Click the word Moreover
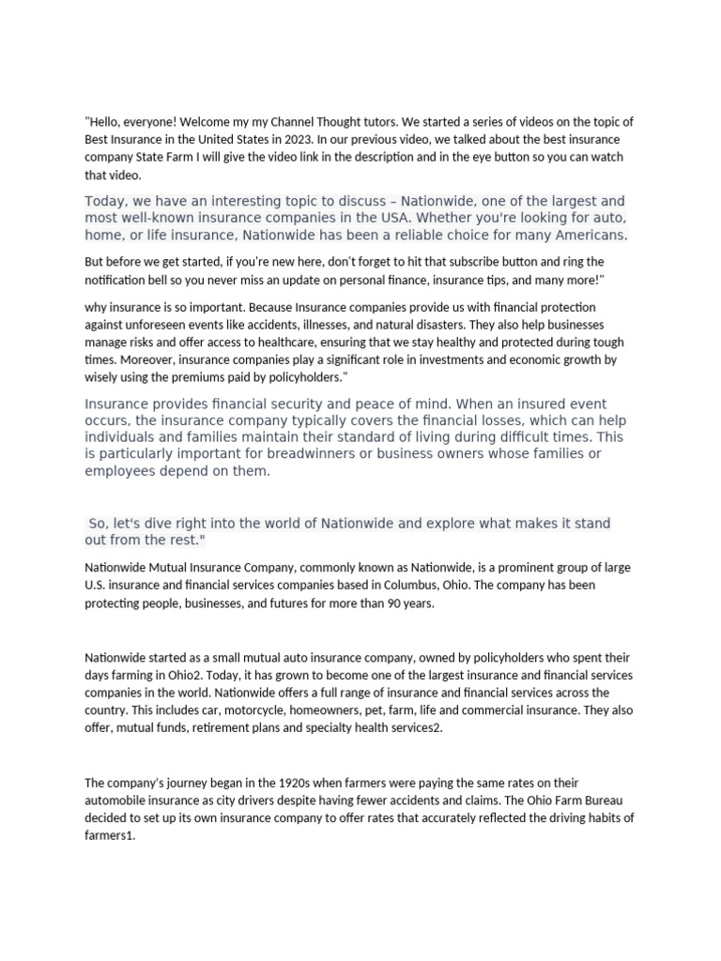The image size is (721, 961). (149, 359)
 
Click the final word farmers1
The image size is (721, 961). (110, 835)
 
